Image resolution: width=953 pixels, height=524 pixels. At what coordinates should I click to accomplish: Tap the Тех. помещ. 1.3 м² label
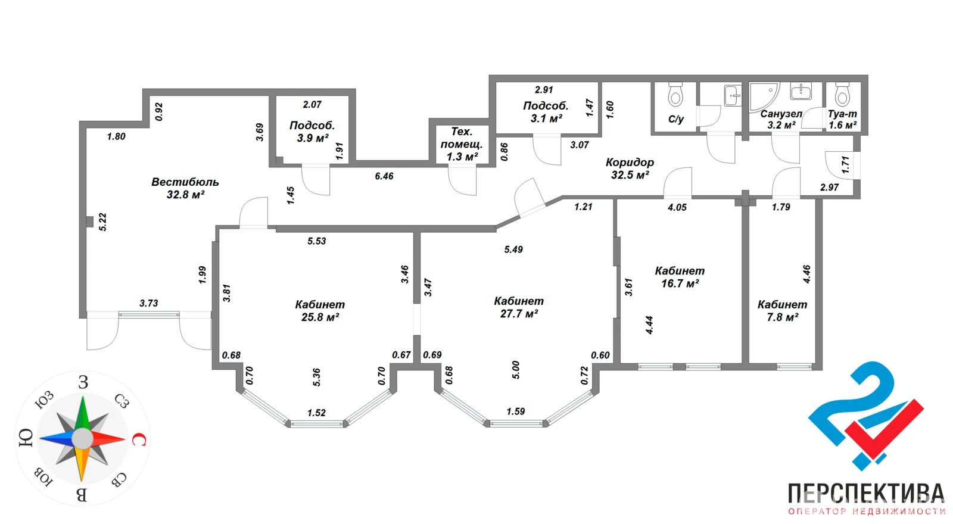[462, 144]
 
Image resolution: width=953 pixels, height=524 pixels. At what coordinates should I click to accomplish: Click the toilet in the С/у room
[675, 95]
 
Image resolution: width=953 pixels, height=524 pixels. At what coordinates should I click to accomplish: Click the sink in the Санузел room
[801, 92]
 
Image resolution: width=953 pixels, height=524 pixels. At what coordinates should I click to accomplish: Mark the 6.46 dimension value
[384, 176]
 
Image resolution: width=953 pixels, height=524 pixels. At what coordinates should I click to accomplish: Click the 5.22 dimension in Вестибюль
[102, 222]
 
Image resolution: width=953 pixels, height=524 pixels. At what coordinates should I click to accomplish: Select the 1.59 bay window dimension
[515, 411]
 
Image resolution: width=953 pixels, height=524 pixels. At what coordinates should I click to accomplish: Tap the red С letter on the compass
[138, 440]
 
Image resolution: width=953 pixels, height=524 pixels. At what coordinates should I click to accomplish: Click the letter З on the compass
[83, 382]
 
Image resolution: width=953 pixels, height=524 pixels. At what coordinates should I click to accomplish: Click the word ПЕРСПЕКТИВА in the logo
[866, 494]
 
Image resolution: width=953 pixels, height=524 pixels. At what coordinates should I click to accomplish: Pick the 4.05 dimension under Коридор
[677, 207]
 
